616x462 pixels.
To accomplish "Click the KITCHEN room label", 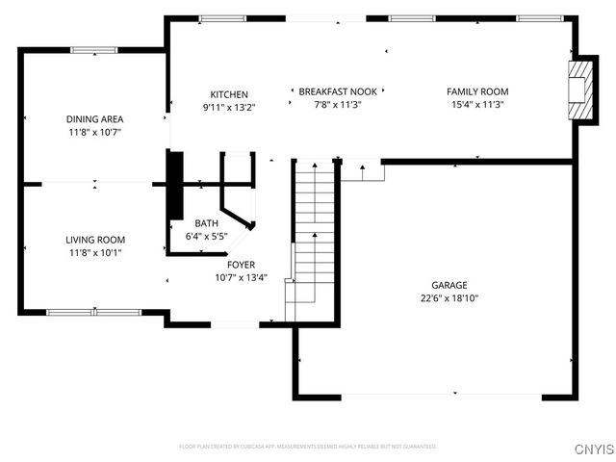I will coord(229,94).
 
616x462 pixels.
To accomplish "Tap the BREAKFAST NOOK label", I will coord(329,91).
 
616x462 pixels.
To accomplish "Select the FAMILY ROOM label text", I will coord(477,91).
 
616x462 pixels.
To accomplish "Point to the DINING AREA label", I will coord(94,119).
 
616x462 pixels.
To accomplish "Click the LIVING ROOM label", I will coord(94,240).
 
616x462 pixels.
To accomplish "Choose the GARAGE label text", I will coord(449,285).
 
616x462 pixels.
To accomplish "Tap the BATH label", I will coord(207,223).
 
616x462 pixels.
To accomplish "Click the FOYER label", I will coord(241,265).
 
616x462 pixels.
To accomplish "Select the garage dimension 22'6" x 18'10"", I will coord(449,298).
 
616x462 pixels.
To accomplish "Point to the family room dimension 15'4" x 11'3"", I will coord(477,104).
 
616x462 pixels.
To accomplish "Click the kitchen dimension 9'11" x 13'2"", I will coord(229,107).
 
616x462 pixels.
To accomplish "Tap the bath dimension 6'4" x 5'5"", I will coord(206,236).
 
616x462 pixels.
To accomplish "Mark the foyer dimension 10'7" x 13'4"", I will coord(241,278).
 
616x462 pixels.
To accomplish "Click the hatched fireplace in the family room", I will coord(580,90).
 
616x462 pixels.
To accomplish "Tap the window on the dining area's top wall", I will coord(94,50).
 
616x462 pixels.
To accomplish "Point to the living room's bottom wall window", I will coord(94,312).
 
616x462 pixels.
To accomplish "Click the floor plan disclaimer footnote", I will coord(308,447).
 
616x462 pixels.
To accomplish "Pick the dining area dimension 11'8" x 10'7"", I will coord(94,132).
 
